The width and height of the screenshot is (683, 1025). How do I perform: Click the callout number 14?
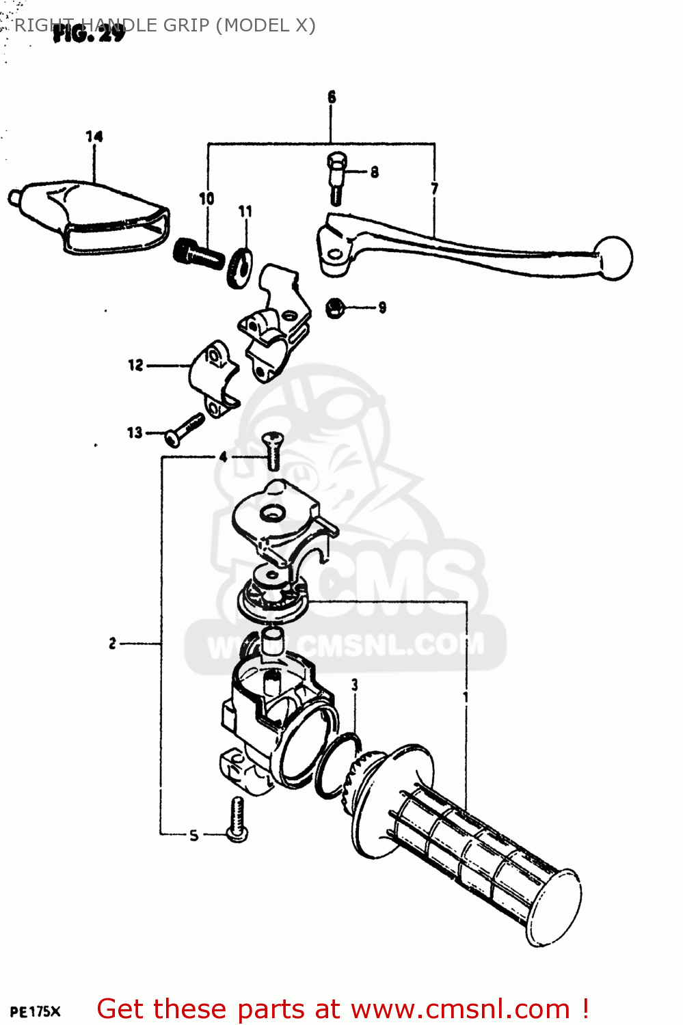tap(94, 137)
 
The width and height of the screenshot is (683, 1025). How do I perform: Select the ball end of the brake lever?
tap(615, 258)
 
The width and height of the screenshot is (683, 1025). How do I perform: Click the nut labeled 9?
tap(334, 307)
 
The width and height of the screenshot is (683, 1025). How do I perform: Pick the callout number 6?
tap(332, 97)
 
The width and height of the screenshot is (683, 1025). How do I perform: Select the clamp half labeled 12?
tap(213, 377)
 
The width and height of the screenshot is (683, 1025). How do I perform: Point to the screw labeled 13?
tap(185, 428)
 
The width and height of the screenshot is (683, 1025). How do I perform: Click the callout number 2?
tap(112, 643)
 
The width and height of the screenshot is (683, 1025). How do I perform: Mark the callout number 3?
tap(354, 685)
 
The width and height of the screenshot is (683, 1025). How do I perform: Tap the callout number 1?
tap(466, 697)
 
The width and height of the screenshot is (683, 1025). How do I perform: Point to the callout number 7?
tap(435, 189)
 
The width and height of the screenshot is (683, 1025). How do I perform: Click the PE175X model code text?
tap(35, 1012)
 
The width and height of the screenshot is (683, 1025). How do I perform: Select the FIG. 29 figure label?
tap(89, 33)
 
